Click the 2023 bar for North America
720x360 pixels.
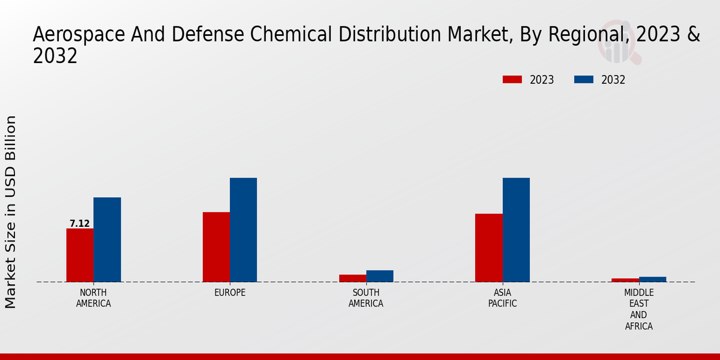80,255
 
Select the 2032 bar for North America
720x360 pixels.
107,239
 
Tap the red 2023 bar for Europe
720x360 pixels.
216,247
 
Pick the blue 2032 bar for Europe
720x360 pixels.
243,230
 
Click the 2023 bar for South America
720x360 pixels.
352,278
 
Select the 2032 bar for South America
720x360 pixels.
380,276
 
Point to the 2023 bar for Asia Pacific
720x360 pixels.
488,248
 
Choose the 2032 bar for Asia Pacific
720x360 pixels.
516,230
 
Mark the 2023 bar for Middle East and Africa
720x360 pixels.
625,280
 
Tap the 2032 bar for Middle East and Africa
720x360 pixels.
652,279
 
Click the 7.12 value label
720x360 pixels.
80,224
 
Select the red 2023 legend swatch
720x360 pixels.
512,80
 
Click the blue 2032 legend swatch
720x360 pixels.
584,80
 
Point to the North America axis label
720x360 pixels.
93,298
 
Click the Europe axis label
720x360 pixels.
230,293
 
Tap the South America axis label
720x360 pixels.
366,298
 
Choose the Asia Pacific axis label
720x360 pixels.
502,298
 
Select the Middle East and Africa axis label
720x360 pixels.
638,310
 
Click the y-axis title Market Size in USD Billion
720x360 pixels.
11,212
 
